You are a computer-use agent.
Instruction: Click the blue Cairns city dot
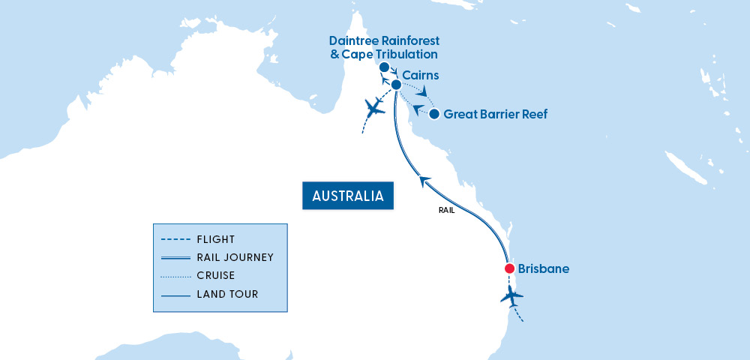[396, 85]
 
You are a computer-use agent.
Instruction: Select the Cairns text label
[420, 76]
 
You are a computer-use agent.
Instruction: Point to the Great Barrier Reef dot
[433, 114]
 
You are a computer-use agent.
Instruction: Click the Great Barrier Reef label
[495, 115]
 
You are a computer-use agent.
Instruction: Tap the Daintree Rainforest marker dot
[384, 67]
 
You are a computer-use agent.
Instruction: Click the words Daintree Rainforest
[384, 40]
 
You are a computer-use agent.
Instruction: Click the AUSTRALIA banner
[348, 196]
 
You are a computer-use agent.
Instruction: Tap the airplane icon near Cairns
[373, 109]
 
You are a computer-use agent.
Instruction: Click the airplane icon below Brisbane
[512, 296]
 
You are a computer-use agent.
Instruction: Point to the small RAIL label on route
[446, 211]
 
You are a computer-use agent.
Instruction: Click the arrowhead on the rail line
[425, 181]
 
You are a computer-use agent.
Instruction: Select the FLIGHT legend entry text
[216, 240]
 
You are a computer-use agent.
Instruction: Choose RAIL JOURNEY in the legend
[235, 257]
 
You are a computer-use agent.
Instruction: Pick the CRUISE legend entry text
[216, 275]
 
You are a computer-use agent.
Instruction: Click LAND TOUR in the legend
[227, 294]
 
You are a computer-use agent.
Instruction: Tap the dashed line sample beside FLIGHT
[175, 240]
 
